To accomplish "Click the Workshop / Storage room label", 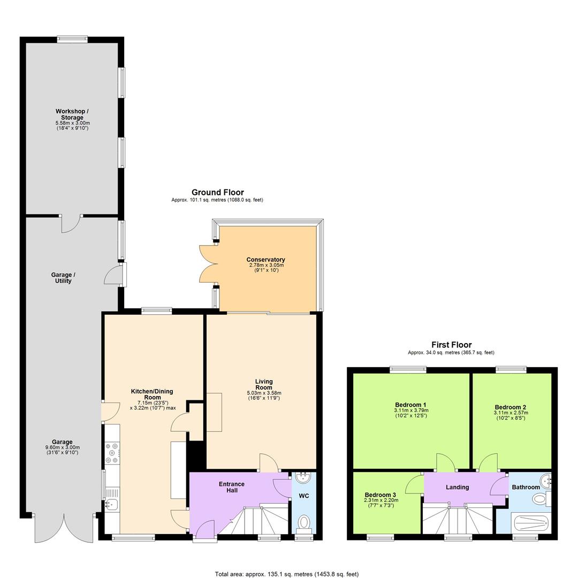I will (72, 115).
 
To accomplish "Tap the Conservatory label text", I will (265, 260).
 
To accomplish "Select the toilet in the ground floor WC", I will (304, 521).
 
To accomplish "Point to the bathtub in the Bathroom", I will (530, 522).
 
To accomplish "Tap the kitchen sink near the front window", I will (112, 504).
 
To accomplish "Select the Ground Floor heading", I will (217, 192).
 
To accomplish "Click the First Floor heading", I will (451, 345).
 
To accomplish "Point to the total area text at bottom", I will (286, 574).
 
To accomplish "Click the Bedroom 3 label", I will (380, 495).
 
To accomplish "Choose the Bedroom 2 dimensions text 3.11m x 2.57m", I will (511, 413).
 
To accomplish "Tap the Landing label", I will (457, 487).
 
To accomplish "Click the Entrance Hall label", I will (231, 487).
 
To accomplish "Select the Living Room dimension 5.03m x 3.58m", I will (264, 393).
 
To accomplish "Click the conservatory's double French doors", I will (207, 264).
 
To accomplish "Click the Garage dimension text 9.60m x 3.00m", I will (63, 447).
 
